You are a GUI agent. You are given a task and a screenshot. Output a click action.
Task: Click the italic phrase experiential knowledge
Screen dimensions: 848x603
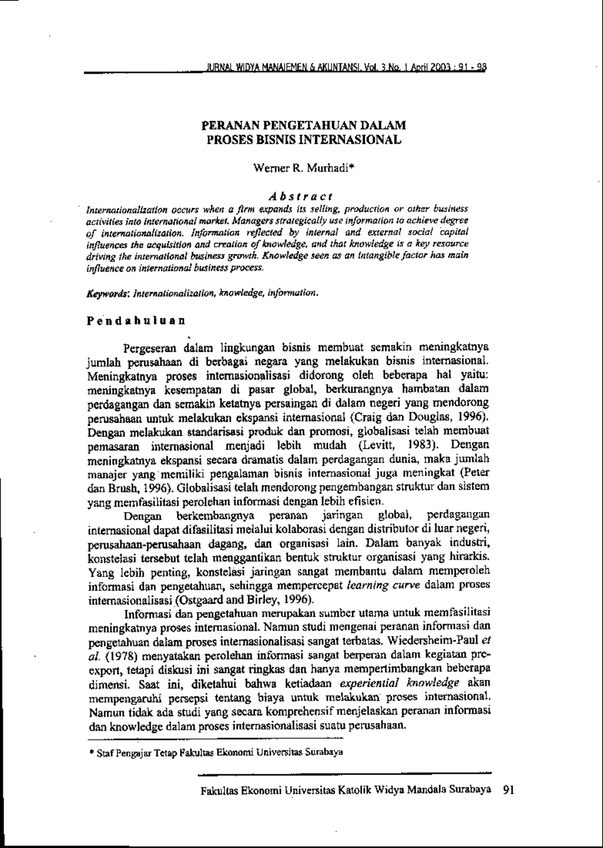point(399,683)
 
